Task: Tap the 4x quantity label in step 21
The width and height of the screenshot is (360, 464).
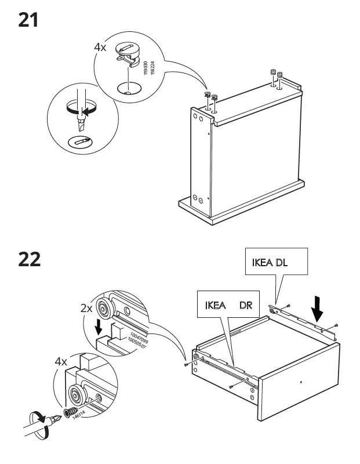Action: [100, 47]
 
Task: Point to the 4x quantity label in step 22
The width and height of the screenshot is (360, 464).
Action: [61, 361]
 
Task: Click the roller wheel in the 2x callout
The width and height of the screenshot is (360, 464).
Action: [106, 307]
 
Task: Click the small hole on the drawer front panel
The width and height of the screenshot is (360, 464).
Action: [301, 382]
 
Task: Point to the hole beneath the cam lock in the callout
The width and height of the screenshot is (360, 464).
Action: [127, 88]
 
